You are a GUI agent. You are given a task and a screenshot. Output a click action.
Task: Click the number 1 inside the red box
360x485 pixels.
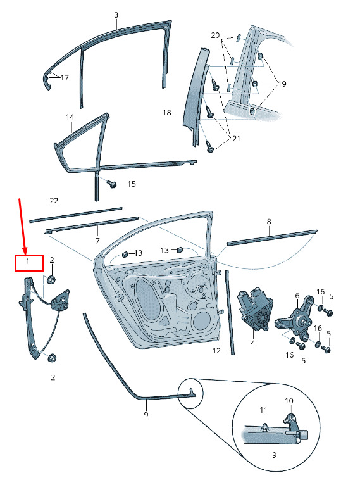[28, 261]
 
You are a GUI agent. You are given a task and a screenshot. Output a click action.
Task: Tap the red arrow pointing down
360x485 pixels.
[23, 227]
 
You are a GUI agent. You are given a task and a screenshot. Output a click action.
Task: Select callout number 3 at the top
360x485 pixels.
[116, 15]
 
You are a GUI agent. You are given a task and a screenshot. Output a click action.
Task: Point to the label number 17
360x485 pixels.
[65, 78]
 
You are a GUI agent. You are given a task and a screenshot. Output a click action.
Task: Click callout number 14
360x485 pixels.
[70, 117]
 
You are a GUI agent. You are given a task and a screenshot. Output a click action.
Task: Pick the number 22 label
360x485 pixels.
[54, 201]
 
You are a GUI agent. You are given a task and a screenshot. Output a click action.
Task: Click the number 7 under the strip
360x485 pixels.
[97, 241]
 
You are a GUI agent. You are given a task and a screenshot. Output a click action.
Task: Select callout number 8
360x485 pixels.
[269, 222]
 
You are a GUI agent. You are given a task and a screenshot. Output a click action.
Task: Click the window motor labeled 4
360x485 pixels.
[255, 310]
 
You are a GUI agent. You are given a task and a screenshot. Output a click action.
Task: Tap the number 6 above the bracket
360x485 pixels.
[297, 296]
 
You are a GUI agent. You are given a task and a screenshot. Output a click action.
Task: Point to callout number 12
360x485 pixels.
[216, 351]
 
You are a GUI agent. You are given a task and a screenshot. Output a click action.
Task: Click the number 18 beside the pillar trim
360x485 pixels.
[167, 113]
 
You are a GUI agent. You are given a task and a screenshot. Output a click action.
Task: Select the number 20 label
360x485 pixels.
[215, 35]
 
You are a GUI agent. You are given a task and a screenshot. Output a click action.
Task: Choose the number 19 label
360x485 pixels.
[282, 84]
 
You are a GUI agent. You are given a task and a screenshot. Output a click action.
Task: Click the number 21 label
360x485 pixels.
[236, 139]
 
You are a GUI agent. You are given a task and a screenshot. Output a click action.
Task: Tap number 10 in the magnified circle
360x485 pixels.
[289, 401]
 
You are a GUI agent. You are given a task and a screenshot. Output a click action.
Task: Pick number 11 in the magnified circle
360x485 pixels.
[263, 410]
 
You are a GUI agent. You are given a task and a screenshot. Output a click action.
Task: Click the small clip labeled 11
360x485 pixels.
[264, 427]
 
